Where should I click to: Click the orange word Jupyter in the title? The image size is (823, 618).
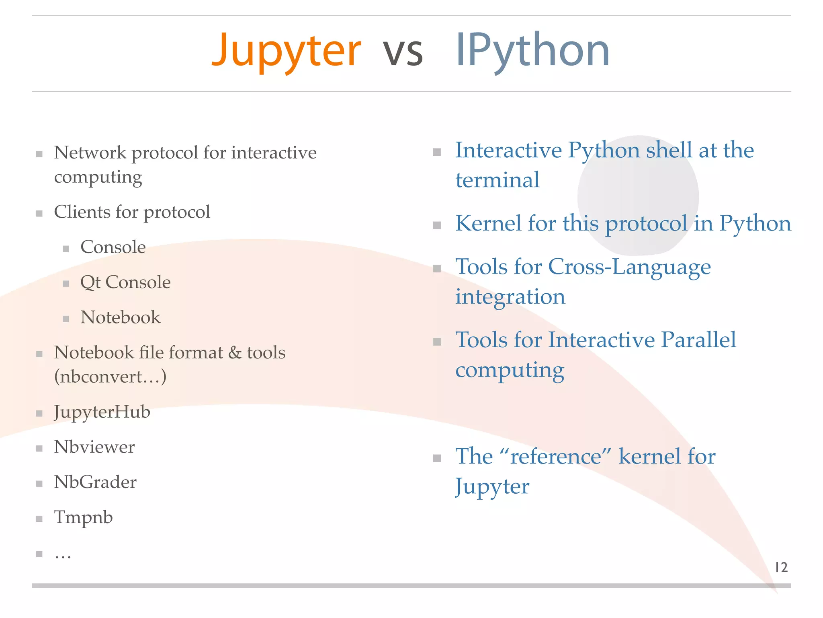(286, 51)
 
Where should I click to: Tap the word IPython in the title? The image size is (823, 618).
(532, 51)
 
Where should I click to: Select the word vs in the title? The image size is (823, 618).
(403, 53)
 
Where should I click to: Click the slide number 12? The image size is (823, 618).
(781, 567)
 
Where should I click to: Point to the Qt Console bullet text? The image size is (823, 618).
(125, 282)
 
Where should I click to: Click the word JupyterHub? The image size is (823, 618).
(102, 412)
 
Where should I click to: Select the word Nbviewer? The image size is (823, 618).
(94, 447)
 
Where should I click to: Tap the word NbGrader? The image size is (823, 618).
(95, 482)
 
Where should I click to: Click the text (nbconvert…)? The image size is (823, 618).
(110, 377)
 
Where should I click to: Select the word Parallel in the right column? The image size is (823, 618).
(698, 340)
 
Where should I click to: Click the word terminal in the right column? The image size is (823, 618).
(497, 180)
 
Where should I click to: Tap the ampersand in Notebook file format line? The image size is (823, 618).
(235, 353)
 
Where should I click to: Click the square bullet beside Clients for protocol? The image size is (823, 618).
(39, 214)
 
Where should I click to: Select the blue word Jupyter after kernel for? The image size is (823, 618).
(492, 487)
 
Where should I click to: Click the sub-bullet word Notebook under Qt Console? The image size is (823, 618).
(120, 317)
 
